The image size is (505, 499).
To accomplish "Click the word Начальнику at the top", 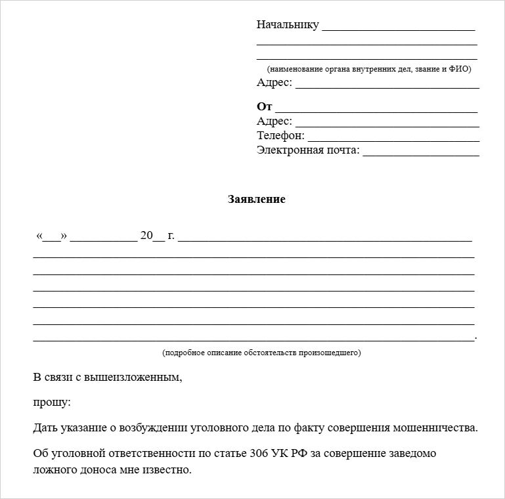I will [288, 25].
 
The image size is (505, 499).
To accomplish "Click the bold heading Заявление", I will [256, 199].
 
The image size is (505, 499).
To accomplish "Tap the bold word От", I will [264, 106].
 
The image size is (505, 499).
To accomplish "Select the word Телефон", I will [280, 136].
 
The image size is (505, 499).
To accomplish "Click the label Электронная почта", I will [308, 150].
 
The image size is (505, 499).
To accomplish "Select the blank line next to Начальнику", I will [399, 28].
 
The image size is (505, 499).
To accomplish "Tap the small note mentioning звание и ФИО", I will [368, 69].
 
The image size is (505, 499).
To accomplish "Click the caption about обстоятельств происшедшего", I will [261, 353].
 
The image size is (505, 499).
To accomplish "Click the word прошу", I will [51, 402].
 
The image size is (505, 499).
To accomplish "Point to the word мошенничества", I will [435, 428].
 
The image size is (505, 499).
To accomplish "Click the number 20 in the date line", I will [146, 236].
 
